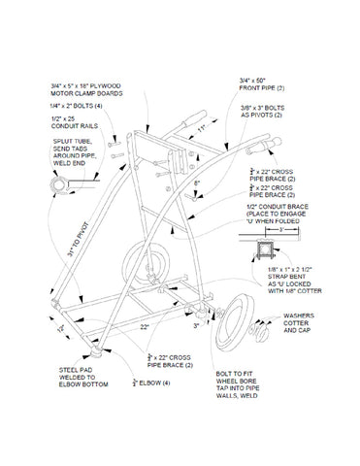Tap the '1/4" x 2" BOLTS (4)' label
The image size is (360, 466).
(77, 105)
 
